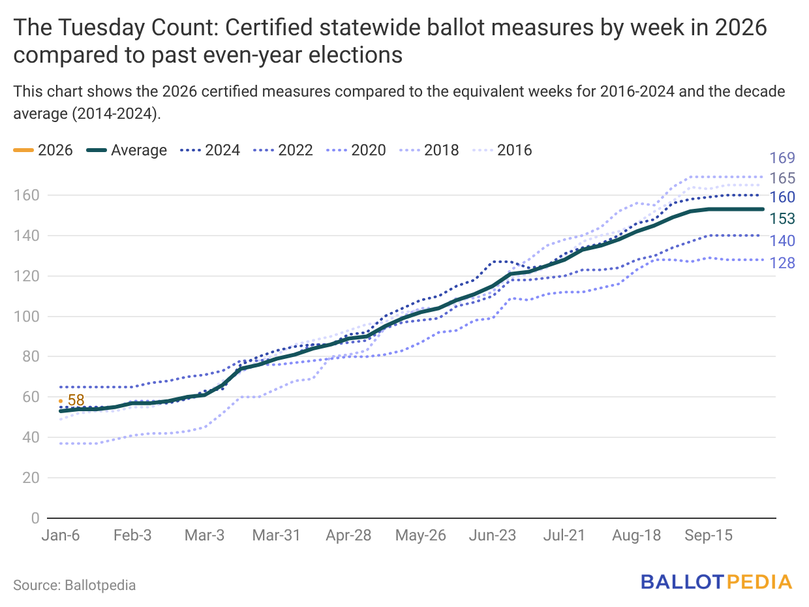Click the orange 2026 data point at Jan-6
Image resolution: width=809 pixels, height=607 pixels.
point(61,401)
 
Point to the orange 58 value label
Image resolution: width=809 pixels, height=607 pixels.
point(76,401)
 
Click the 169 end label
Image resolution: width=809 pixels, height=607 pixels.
point(782,158)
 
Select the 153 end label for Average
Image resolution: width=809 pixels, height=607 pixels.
point(782,218)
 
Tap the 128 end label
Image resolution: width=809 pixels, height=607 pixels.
point(782,263)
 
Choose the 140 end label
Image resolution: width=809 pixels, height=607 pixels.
point(782,241)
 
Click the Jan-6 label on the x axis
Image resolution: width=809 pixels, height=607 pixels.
point(61,536)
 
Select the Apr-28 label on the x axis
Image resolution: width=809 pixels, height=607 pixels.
point(348,536)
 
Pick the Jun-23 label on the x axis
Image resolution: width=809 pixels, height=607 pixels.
point(493,536)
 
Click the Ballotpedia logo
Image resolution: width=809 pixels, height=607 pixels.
point(716,582)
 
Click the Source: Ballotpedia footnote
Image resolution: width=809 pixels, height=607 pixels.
point(74,585)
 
